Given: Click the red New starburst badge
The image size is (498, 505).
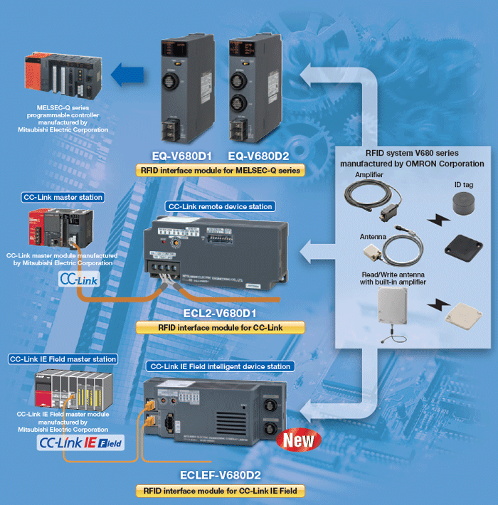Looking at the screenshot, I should click(300, 440).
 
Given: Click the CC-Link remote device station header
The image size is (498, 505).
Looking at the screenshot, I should click(220, 207).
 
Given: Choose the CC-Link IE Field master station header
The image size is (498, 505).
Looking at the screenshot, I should click(63, 359).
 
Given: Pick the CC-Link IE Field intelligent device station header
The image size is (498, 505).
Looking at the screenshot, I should click(220, 366).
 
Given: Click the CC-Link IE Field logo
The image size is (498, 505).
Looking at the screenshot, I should click(79, 445).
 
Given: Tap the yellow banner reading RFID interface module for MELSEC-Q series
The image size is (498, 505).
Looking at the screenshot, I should click(220, 171).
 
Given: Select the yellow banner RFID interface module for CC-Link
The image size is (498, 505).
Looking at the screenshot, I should click(220, 327).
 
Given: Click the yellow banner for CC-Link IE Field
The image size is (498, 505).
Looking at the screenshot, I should click(220, 491).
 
